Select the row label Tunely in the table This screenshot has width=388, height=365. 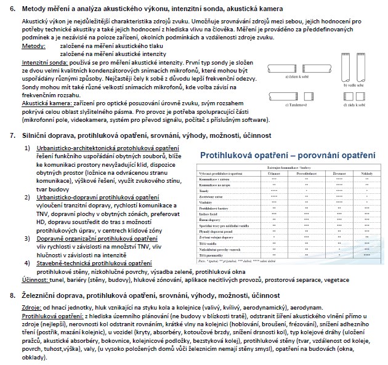204,191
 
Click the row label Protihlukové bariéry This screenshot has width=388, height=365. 213,208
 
